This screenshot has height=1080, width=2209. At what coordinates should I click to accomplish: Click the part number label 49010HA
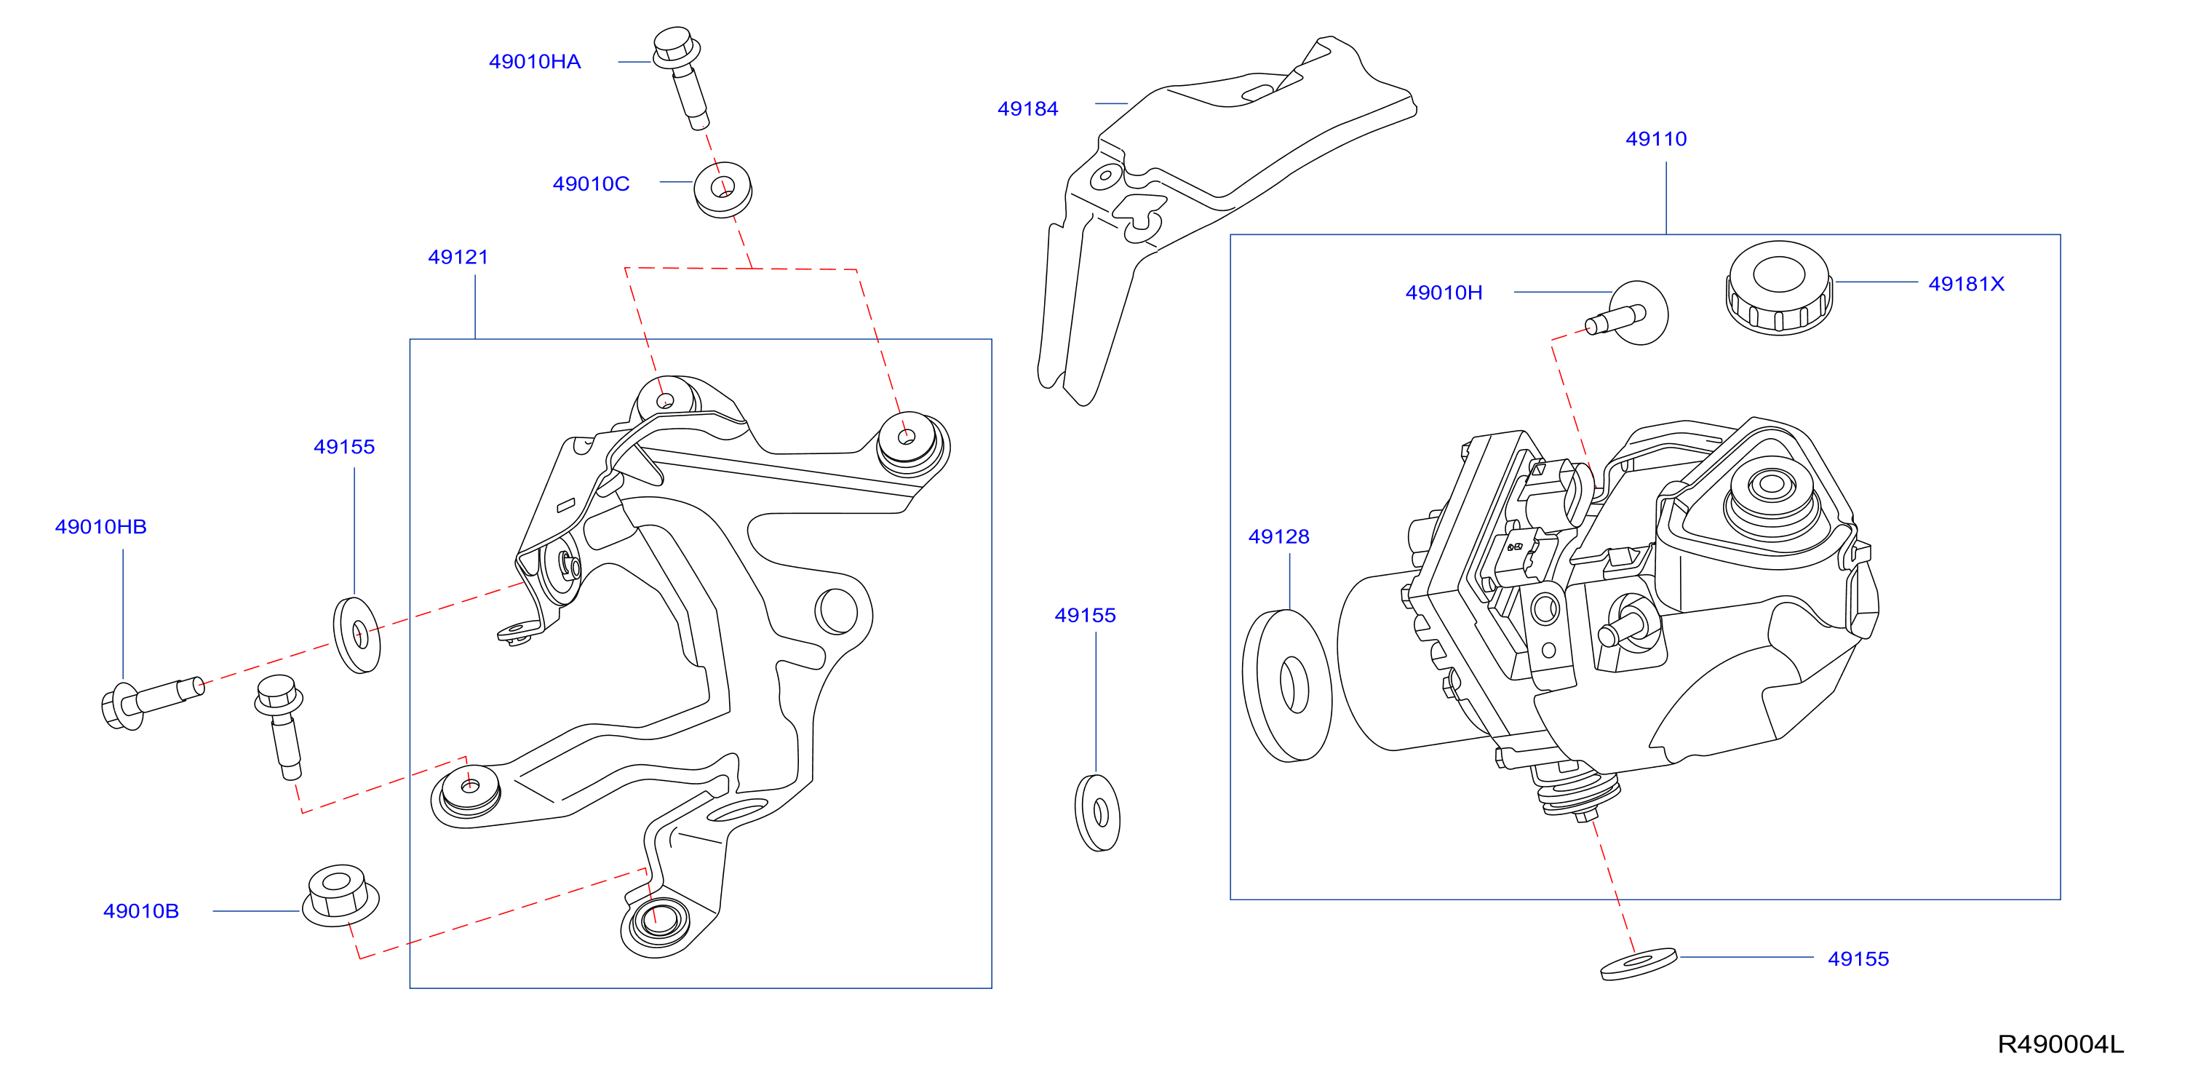click(534, 62)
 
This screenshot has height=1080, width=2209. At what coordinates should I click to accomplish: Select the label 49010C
click(591, 183)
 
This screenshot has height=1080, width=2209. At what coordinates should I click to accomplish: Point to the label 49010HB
click(100, 527)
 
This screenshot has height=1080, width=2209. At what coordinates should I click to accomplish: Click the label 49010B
click(140, 911)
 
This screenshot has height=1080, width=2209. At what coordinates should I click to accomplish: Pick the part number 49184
click(1027, 109)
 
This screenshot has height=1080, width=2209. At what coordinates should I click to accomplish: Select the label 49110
click(1656, 139)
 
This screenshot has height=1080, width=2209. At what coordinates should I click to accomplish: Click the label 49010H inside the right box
click(1444, 293)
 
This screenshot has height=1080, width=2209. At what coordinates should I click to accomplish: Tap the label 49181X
click(1965, 284)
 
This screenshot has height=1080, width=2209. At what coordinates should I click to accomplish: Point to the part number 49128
click(1278, 537)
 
